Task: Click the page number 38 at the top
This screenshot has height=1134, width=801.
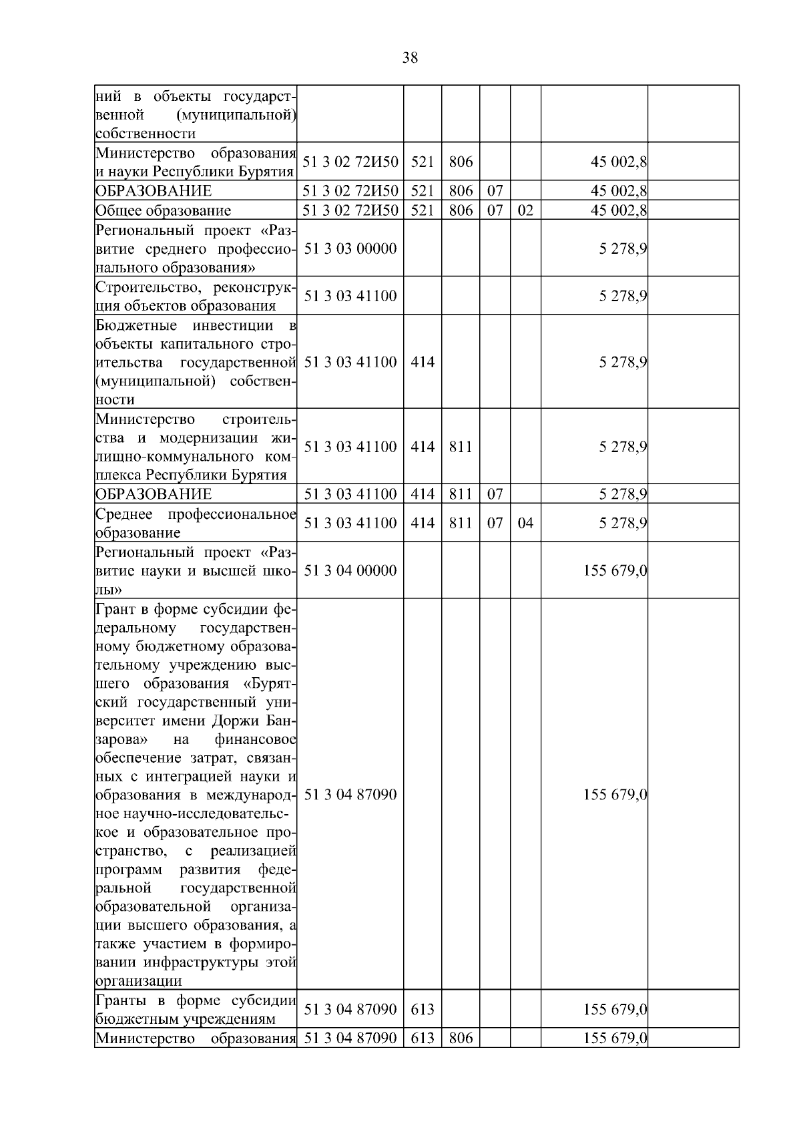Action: pyautogui.click(x=410, y=58)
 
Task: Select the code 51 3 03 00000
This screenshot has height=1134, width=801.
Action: pyautogui.click(x=350, y=248)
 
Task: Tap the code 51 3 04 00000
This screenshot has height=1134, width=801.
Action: pyautogui.click(x=350, y=570)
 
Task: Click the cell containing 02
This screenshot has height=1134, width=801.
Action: pyautogui.click(x=525, y=210)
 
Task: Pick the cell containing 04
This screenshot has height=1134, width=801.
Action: pyautogui.click(x=525, y=522)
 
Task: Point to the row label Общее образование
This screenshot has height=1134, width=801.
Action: pyautogui.click(x=164, y=210)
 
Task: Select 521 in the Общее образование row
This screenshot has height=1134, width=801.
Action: pyautogui.click(x=423, y=210)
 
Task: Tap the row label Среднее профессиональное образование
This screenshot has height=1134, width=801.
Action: pyautogui.click(x=196, y=523)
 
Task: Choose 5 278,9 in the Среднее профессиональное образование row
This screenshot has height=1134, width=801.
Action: pyautogui.click(x=623, y=522)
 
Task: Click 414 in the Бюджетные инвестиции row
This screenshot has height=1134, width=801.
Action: pyautogui.click(x=423, y=362)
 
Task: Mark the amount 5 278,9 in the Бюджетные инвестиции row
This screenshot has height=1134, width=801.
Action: pyautogui.click(x=623, y=362)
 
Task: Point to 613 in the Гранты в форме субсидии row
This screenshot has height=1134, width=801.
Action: pyautogui.click(x=423, y=1009)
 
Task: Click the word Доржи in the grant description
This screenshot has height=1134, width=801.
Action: pyautogui.click(x=238, y=721)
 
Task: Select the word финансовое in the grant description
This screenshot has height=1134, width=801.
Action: pyautogui.click(x=256, y=740)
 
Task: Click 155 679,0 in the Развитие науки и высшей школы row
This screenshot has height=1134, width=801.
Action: pyautogui.click(x=615, y=570)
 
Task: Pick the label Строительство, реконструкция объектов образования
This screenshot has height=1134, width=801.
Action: pyautogui.click(x=196, y=297)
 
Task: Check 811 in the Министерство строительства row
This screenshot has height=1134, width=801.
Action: pyautogui.click(x=461, y=447)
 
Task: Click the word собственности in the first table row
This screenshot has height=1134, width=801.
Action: pyautogui.click(x=146, y=134)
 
